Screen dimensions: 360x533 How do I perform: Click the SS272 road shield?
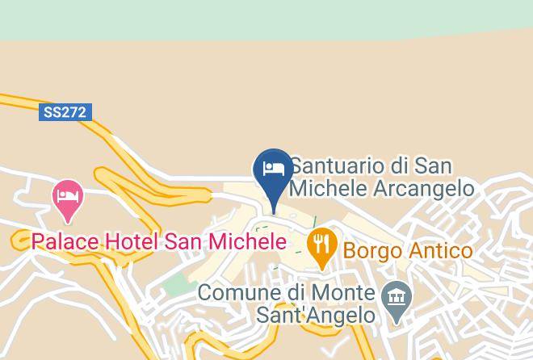65,113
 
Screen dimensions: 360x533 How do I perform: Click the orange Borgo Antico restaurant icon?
322,245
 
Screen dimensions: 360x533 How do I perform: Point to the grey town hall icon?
397,299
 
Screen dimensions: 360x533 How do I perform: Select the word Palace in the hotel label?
64,241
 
